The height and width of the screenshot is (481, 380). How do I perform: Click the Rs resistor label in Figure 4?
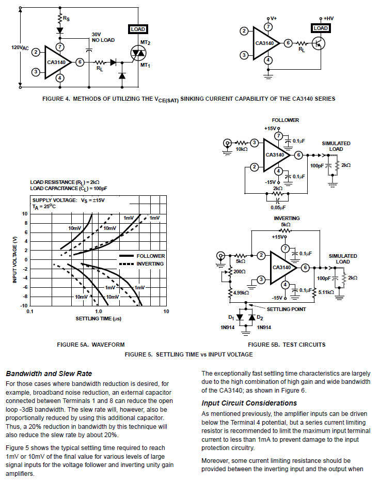[x=66, y=19]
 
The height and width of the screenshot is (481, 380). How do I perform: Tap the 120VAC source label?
[x=20, y=48]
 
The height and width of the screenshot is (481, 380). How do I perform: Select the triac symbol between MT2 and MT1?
[x=138, y=54]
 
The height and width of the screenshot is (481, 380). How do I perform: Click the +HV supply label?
[x=328, y=19]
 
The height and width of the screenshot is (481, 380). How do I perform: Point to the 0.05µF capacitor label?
[x=278, y=208]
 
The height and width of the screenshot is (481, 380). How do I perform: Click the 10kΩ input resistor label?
[x=242, y=149]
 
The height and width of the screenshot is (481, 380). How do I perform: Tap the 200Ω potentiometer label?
[x=240, y=271]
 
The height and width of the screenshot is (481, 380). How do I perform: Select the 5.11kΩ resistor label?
[x=326, y=292]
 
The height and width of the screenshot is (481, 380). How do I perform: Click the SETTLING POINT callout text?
[x=286, y=309]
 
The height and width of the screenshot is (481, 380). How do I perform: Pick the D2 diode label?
[x=260, y=318]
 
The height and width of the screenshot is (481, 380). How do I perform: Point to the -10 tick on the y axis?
[x=24, y=305]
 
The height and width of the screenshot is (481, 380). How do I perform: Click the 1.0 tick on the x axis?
[x=98, y=312]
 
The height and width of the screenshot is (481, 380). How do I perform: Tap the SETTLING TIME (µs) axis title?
[x=99, y=319]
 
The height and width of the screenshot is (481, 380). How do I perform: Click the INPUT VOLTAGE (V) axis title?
[x=14, y=259]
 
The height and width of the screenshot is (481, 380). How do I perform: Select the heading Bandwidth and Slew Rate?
[x=49, y=374]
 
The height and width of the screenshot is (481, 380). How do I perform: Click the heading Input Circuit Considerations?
[x=249, y=403]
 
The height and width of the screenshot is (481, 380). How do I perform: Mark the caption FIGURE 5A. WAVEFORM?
[x=91, y=345]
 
